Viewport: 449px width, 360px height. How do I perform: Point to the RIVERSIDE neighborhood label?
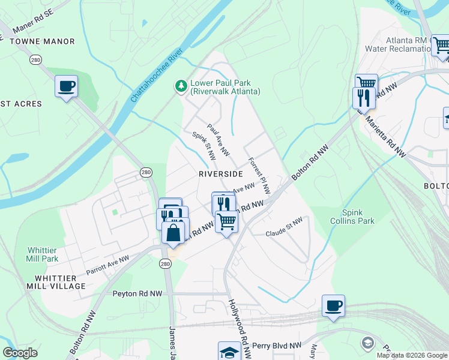click(x=221, y=173)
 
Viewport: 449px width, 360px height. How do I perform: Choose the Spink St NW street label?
click(x=203, y=146)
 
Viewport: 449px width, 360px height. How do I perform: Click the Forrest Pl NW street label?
click(x=259, y=176)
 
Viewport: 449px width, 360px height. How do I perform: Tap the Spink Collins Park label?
click(x=358, y=217)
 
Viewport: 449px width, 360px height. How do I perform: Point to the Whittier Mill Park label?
click(x=43, y=254)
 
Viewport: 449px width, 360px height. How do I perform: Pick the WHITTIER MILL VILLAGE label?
click(x=59, y=282)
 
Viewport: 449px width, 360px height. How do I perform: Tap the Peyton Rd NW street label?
click(x=137, y=294)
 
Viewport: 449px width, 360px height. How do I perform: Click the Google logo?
click(x=20, y=353)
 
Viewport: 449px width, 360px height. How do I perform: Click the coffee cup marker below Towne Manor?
click(x=66, y=86)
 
